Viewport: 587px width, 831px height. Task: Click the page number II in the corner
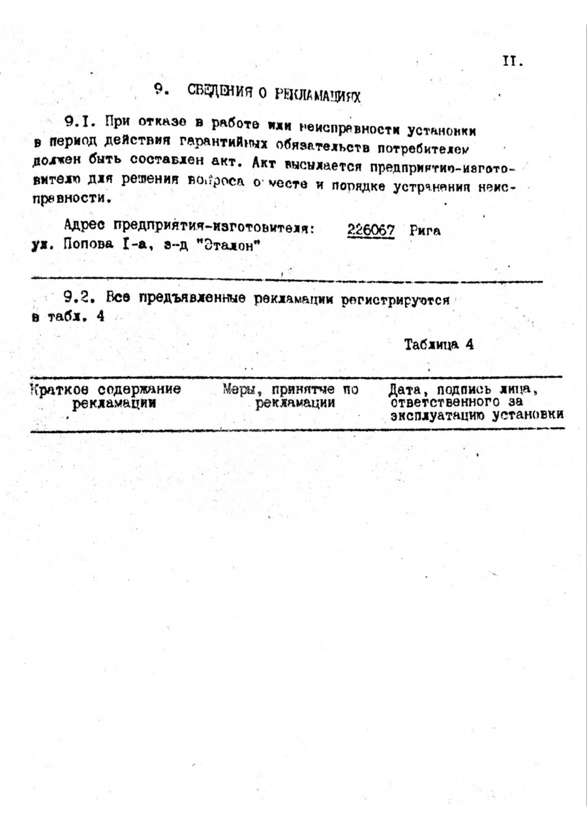pos(513,62)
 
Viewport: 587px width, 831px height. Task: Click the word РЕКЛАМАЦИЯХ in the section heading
pos(318,95)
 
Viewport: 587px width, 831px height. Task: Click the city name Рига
pos(426,230)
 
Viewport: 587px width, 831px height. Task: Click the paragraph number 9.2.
pos(78,298)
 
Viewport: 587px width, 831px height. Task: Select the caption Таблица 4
pos(438,344)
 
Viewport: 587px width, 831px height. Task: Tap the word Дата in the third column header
pos(404,390)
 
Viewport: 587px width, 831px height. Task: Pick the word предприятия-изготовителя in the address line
pos(216,227)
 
